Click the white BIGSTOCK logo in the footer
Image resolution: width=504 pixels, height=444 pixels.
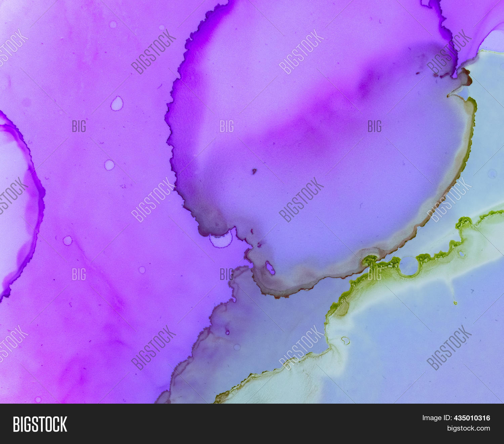(40, 424)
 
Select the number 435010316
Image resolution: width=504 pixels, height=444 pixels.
(472, 418)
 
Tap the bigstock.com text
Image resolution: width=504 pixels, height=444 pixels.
(468, 428)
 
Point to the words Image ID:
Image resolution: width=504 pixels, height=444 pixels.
(437, 418)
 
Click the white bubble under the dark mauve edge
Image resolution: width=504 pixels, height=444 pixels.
(221, 239)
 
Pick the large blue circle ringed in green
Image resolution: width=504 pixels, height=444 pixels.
(409, 266)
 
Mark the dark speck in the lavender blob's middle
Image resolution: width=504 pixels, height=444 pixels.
(254, 172)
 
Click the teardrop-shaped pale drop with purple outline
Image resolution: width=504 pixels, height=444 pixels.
(117, 104)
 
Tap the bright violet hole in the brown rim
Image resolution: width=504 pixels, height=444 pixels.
(270, 268)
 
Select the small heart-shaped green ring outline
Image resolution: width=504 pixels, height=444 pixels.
(345, 340)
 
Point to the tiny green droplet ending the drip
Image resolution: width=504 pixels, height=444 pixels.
(455, 302)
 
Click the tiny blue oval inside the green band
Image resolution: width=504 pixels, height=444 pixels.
(462, 254)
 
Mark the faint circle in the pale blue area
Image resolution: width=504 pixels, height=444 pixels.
(492, 174)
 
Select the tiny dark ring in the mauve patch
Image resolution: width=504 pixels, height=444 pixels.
(227, 332)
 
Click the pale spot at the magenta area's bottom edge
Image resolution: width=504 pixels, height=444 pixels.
(38, 400)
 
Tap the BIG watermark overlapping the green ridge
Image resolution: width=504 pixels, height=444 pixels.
(374, 274)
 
